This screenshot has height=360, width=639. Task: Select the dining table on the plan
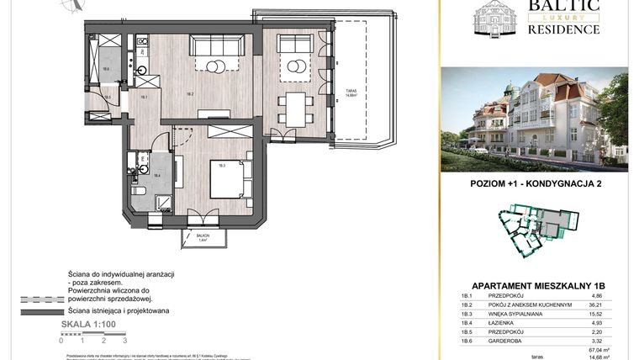click(295, 107)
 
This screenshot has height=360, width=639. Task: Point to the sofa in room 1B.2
click(216, 45)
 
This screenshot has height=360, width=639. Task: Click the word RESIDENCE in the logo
click(562, 29)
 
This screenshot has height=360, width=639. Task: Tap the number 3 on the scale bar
click(124, 341)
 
